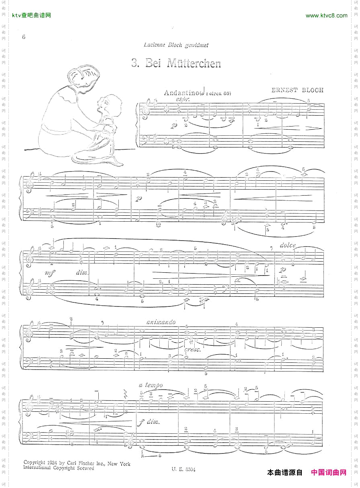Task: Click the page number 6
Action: tap(24, 37)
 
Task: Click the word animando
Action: tap(161, 322)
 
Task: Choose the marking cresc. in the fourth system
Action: tap(192, 350)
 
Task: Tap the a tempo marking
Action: tap(151, 385)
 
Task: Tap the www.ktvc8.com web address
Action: tap(326, 16)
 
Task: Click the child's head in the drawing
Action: tap(105, 104)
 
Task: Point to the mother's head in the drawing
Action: tap(83, 78)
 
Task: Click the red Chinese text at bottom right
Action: tap(329, 472)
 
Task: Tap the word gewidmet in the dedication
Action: tap(197, 45)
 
